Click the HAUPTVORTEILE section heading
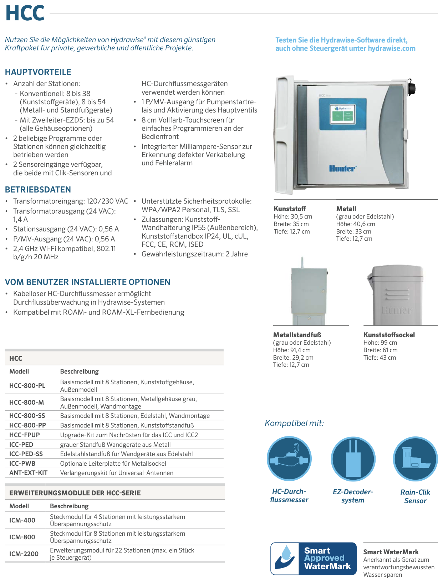point(38,72)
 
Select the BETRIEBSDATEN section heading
point(38,190)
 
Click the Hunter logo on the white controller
point(342,169)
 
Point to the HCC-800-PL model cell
point(27,386)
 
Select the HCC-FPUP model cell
point(25,435)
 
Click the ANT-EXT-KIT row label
point(29,473)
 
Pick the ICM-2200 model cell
point(24,554)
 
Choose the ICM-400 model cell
point(22,520)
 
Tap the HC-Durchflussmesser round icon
point(289,459)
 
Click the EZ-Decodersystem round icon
point(353,459)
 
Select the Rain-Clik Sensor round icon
point(415,459)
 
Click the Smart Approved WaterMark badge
point(314,559)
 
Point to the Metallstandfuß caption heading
point(297,335)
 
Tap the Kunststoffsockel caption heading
point(389,335)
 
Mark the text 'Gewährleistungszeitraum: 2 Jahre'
point(194,254)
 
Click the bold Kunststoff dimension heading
point(290,209)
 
